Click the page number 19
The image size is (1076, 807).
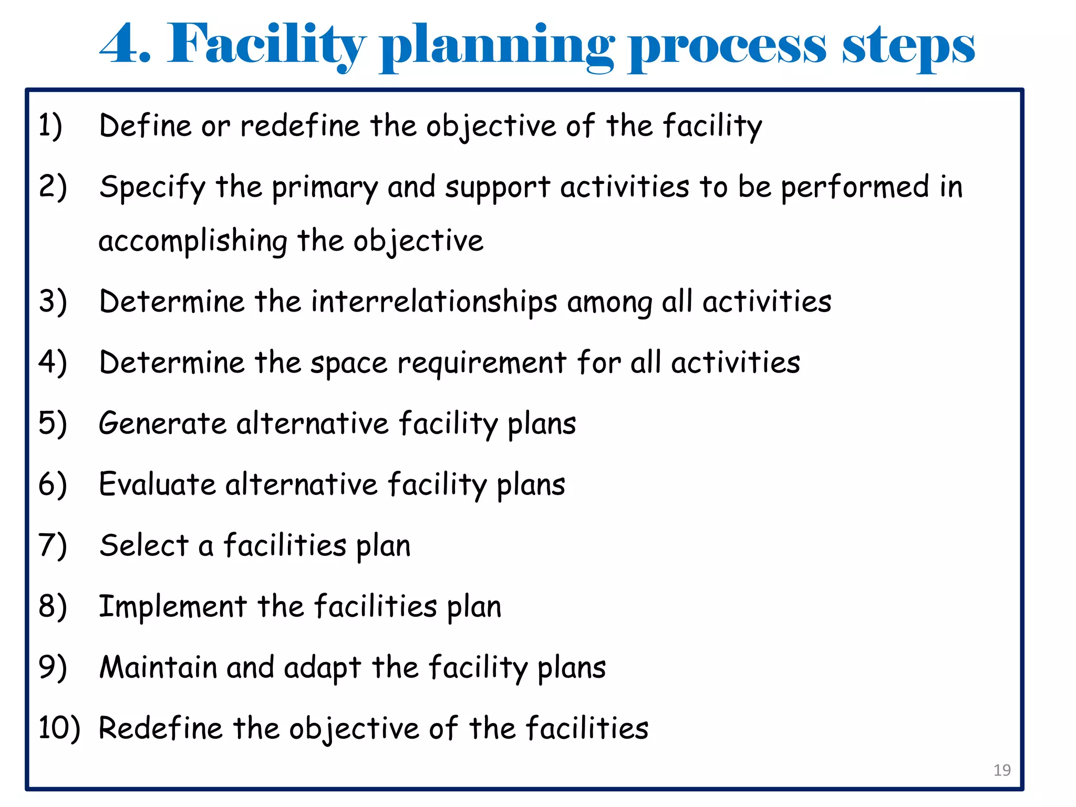[1002, 770]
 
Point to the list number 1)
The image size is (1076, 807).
[50, 126]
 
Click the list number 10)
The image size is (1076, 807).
[59, 728]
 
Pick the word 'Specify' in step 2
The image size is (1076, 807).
[152, 188]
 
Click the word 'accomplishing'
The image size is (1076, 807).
[193, 242]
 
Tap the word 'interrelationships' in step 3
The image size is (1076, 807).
[434, 302]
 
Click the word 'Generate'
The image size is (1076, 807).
[163, 423]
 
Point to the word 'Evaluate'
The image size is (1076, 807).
[157, 484]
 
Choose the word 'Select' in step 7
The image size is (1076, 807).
[144, 545]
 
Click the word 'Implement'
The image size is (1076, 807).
[173, 607]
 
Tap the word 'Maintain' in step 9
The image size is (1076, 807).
[158, 667]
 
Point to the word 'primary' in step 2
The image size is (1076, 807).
[325, 188]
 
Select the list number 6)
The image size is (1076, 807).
[53, 484]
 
